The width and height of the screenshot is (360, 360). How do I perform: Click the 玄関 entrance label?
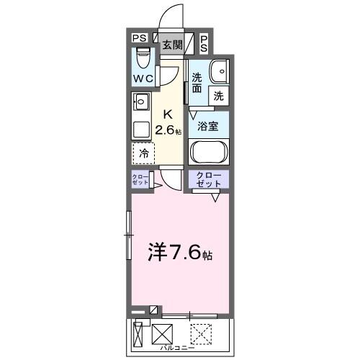(171, 44)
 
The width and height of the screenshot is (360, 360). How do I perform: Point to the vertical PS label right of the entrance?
(204, 44)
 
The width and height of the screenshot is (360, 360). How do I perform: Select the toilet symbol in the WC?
(143, 57)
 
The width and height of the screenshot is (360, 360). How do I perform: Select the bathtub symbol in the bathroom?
(208, 153)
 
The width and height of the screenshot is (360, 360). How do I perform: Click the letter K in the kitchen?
(168, 114)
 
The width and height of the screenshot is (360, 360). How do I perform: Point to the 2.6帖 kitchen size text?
(171, 130)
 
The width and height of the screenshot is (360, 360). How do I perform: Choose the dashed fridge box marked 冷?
(143, 153)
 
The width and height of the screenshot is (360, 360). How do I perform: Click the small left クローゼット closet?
(140, 180)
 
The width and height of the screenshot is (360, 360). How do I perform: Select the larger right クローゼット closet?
(209, 180)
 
